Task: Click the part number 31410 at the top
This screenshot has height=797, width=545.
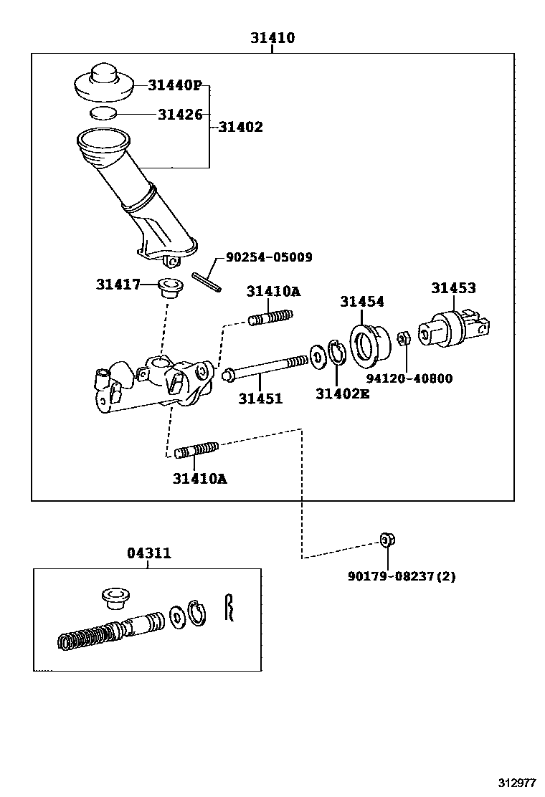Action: coord(272,38)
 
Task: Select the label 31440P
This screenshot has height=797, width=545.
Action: coord(175,85)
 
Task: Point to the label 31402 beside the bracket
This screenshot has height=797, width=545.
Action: coord(240,127)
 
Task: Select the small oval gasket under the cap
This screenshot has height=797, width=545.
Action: coord(104,113)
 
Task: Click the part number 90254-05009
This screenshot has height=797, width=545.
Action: coord(269,257)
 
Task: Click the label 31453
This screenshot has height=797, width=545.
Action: coord(453,288)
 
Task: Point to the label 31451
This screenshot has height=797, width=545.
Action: coord(260,398)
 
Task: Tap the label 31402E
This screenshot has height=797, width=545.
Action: coord(343,393)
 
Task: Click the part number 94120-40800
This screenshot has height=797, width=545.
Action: coord(409,378)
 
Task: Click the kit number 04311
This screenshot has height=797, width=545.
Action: coord(149,553)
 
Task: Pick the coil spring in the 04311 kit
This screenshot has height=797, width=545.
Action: coord(84,635)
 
